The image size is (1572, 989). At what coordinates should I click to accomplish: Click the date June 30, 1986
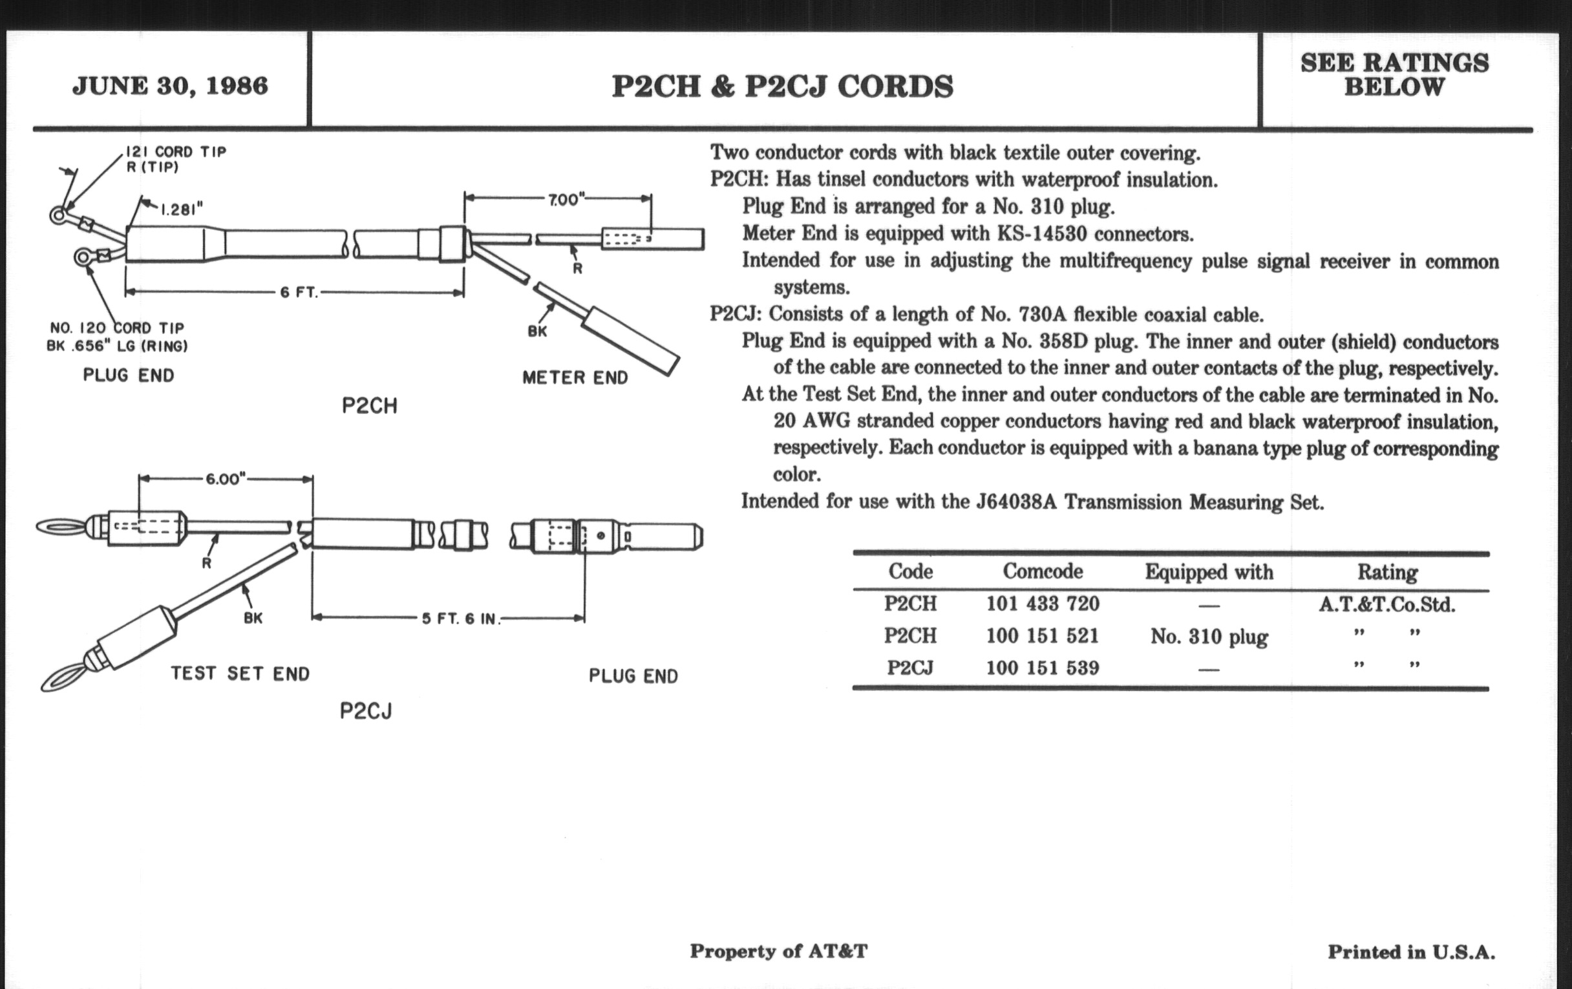(x=170, y=86)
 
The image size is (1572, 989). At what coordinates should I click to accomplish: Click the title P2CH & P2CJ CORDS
(x=782, y=87)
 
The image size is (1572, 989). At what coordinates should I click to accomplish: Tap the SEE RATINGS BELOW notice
(x=1394, y=74)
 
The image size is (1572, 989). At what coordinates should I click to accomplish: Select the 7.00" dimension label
(x=566, y=200)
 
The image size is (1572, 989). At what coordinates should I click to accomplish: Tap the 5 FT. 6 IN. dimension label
(x=460, y=619)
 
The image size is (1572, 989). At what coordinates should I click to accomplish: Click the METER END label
(x=575, y=378)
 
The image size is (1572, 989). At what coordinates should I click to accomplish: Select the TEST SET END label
(x=240, y=674)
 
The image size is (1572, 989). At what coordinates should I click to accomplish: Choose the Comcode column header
(x=1043, y=572)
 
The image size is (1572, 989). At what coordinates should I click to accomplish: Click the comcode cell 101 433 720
(x=1043, y=604)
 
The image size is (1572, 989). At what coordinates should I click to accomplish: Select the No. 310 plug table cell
(x=1209, y=637)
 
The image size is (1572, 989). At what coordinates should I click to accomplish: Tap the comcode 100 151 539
(x=1043, y=668)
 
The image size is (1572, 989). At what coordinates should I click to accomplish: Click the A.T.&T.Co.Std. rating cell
(x=1386, y=605)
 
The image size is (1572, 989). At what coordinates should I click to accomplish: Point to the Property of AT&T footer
(x=779, y=951)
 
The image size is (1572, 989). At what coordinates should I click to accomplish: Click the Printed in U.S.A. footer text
(x=1411, y=952)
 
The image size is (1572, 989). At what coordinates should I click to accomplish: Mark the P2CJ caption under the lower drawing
(x=366, y=711)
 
